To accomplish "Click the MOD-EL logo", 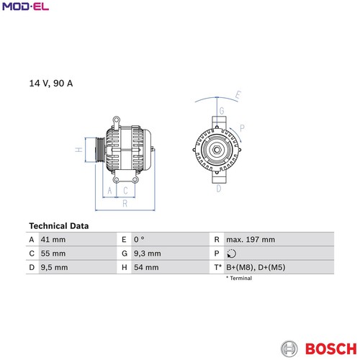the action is coord(25,6).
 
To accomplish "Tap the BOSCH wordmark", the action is coord(331,348).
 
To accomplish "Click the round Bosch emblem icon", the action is coord(289,348).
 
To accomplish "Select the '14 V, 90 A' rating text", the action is coord(51,84).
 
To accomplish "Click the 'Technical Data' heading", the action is coord(59,226).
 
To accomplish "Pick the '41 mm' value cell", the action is coord(53,240).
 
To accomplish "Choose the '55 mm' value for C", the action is coord(53,253).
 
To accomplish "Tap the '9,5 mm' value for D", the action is coord(54,267).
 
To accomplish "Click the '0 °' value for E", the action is coord(139,240).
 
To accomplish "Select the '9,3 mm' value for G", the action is coord(148,253).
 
